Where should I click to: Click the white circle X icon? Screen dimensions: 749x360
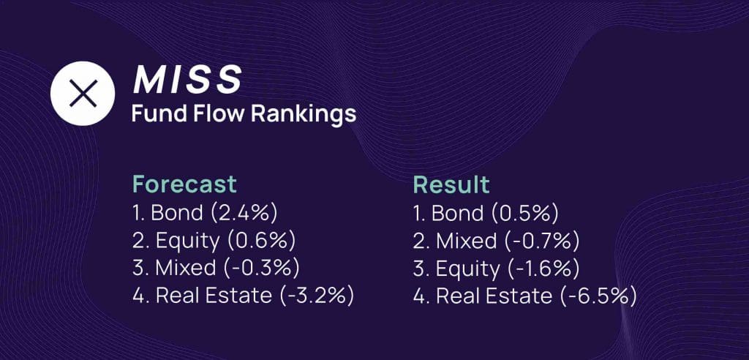click(x=83, y=93)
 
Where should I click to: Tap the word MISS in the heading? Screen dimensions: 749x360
click(x=187, y=80)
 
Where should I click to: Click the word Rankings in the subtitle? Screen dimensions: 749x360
click(x=304, y=115)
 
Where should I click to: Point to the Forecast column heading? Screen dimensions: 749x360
click(x=184, y=184)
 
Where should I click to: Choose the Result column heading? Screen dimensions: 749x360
click(x=451, y=184)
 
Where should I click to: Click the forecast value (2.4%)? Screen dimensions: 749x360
click(x=244, y=213)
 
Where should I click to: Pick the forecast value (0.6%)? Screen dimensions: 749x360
click(x=261, y=241)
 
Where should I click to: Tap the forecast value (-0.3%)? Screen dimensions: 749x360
click(x=261, y=269)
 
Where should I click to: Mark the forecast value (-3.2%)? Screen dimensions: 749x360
click(x=316, y=296)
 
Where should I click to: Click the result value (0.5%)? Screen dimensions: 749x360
click(x=524, y=213)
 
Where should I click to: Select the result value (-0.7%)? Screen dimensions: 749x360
click(x=541, y=241)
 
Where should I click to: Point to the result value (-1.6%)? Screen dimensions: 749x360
click(x=542, y=269)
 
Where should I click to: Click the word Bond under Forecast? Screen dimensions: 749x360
click(x=177, y=213)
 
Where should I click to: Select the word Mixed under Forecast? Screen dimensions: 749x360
click(x=186, y=269)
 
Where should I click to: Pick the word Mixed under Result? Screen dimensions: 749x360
click(x=466, y=241)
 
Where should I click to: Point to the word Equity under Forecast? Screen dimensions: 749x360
click(x=187, y=242)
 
